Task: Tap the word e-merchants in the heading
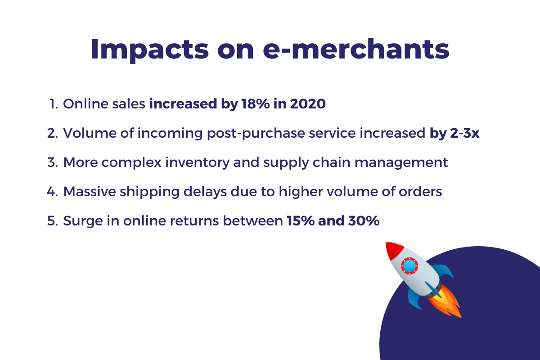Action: (356, 49)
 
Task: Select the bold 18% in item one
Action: (255, 104)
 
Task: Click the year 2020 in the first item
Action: (308, 104)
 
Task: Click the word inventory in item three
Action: (197, 163)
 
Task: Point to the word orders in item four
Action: (420, 192)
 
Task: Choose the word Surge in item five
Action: (83, 221)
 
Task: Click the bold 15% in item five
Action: (301, 221)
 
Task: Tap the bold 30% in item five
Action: (364, 221)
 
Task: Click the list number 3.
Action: (53, 162)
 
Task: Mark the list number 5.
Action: (53, 221)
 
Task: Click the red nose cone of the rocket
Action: (393, 250)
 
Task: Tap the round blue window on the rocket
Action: (409, 266)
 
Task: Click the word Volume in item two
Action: (90, 133)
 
